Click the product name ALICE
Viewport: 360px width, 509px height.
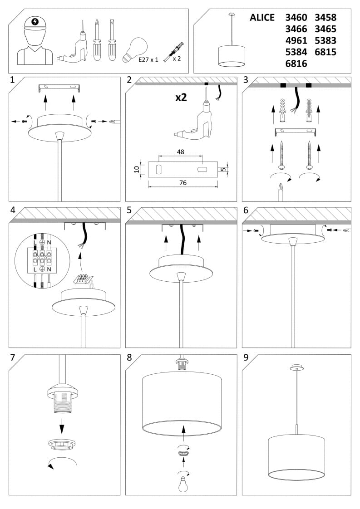262,18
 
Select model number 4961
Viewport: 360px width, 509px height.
296,40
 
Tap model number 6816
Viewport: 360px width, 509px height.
296,64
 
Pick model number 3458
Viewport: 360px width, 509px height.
325,18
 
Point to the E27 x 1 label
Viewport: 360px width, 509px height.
148,59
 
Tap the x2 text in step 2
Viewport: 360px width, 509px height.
181,97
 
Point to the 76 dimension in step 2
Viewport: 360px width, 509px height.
183,183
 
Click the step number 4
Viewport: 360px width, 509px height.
13,210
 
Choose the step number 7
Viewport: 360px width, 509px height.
13,357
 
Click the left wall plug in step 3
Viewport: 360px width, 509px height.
282,111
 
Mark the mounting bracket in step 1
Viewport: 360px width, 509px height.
59,88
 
